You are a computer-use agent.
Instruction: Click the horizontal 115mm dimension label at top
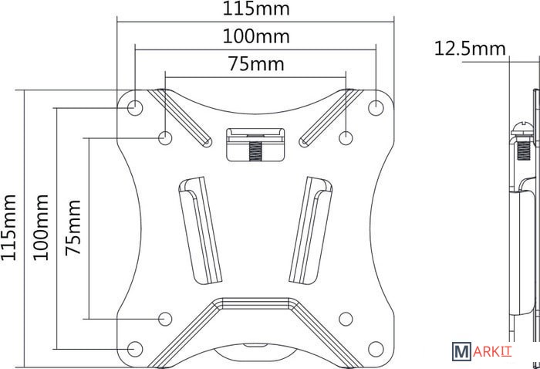256,8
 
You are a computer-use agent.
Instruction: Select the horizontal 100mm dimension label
256,36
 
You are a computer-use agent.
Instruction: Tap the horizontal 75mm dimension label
256,64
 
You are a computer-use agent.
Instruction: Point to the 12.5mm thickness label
470,48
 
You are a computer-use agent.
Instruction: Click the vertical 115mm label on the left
9,228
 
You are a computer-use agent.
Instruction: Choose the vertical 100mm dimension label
41,228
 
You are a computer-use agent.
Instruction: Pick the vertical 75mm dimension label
73,228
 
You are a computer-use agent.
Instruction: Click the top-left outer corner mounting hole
135,107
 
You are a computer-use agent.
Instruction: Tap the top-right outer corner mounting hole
376,107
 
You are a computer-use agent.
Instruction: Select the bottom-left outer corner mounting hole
135,349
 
